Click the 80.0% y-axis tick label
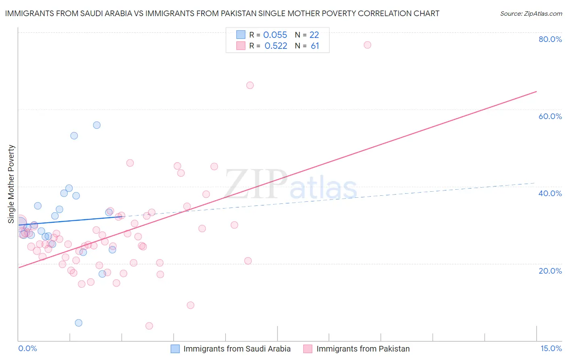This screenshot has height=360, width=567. (550, 39)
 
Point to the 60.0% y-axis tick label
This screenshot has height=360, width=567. (550, 116)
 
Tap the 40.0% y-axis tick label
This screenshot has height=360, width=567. (550, 193)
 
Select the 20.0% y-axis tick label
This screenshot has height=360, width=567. (550, 271)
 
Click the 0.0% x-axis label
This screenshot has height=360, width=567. (27, 349)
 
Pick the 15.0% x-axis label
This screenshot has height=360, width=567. (551, 349)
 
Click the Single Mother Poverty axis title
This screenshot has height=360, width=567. (11, 184)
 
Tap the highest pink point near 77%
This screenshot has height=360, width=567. (367, 45)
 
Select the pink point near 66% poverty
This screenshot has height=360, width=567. (250, 85)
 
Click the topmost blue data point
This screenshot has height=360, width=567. (97, 125)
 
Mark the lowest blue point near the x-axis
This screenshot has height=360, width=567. (79, 323)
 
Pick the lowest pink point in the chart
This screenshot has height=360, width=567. (149, 326)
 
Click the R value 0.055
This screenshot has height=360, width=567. (275, 35)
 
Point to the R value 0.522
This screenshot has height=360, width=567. (276, 46)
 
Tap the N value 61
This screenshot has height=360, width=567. (315, 46)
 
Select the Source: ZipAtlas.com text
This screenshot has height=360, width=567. (531, 14)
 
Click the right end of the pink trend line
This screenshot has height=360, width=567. (536, 92)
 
